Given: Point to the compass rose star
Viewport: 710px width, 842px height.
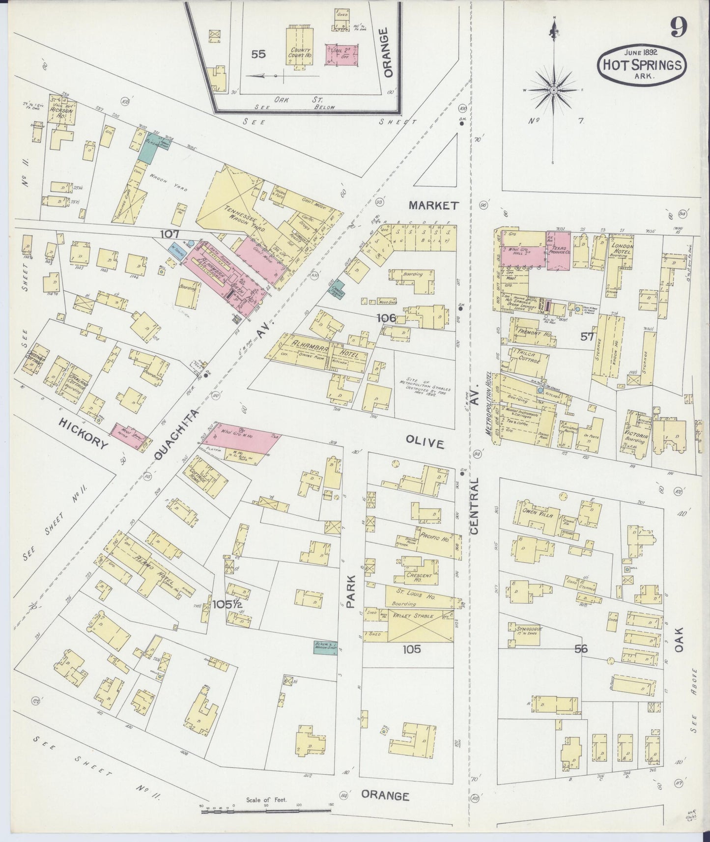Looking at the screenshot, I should pyautogui.click(x=554, y=91).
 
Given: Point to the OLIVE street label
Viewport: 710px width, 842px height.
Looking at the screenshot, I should pyautogui.click(x=426, y=443).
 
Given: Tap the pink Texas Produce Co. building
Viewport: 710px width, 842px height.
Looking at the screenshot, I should pyautogui.click(x=559, y=250).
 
